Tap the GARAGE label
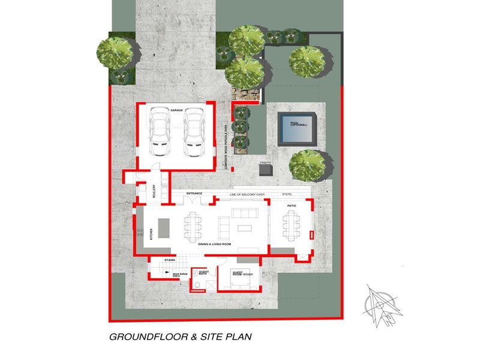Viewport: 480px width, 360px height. pyautogui.click(x=176, y=110)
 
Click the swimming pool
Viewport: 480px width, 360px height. pyautogui.click(x=297, y=127)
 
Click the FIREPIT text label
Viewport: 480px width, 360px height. pyautogui.click(x=266, y=163)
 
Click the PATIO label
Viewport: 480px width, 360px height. pyautogui.click(x=291, y=206)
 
